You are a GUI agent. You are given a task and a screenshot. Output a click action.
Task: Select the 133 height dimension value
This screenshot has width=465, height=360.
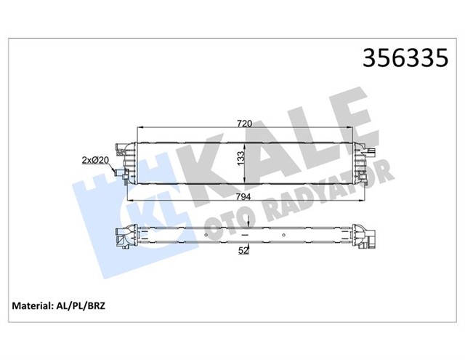239,158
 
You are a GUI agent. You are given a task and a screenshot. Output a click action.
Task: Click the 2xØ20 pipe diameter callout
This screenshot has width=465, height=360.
95,159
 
